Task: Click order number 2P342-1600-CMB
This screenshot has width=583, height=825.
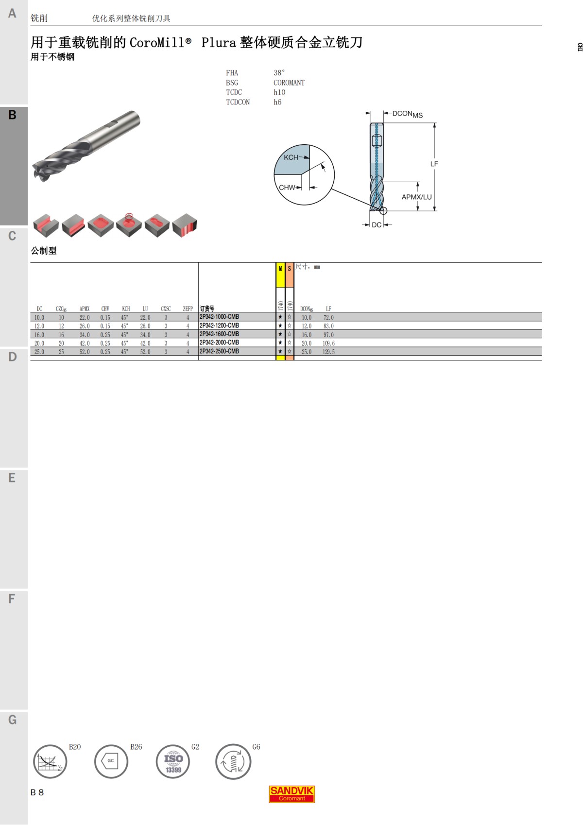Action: (x=219, y=334)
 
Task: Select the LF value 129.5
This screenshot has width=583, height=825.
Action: (x=328, y=352)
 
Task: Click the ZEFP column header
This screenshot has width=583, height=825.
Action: (x=188, y=309)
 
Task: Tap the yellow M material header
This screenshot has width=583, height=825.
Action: (x=280, y=275)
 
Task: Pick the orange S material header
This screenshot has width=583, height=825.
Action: (x=290, y=275)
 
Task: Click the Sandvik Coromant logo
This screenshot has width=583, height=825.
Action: (x=292, y=794)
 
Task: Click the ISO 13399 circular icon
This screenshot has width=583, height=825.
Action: (x=173, y=762)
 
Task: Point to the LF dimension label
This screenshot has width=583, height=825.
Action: (x=434, y=164)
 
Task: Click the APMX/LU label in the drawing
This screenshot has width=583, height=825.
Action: (x=416, y=197)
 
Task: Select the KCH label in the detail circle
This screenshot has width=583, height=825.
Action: (x=291, y=157)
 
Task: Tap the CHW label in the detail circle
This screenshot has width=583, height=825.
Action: (x=287, y=188)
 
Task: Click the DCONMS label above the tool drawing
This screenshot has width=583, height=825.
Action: (x=407, y=114)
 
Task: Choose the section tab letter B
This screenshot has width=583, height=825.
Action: (x=13, y=115)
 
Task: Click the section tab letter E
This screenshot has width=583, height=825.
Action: (x=12, y=478)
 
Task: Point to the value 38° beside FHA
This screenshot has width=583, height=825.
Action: (x=279, y=73)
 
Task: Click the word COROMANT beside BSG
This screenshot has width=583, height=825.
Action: (x=289, y=83)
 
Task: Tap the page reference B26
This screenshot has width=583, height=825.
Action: (x=136, y=747)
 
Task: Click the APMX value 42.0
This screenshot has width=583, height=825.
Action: (x=85, y=343)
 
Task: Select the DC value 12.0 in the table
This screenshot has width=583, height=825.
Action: (x=39, y=326)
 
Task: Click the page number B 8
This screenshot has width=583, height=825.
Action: (x=37, y=792)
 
